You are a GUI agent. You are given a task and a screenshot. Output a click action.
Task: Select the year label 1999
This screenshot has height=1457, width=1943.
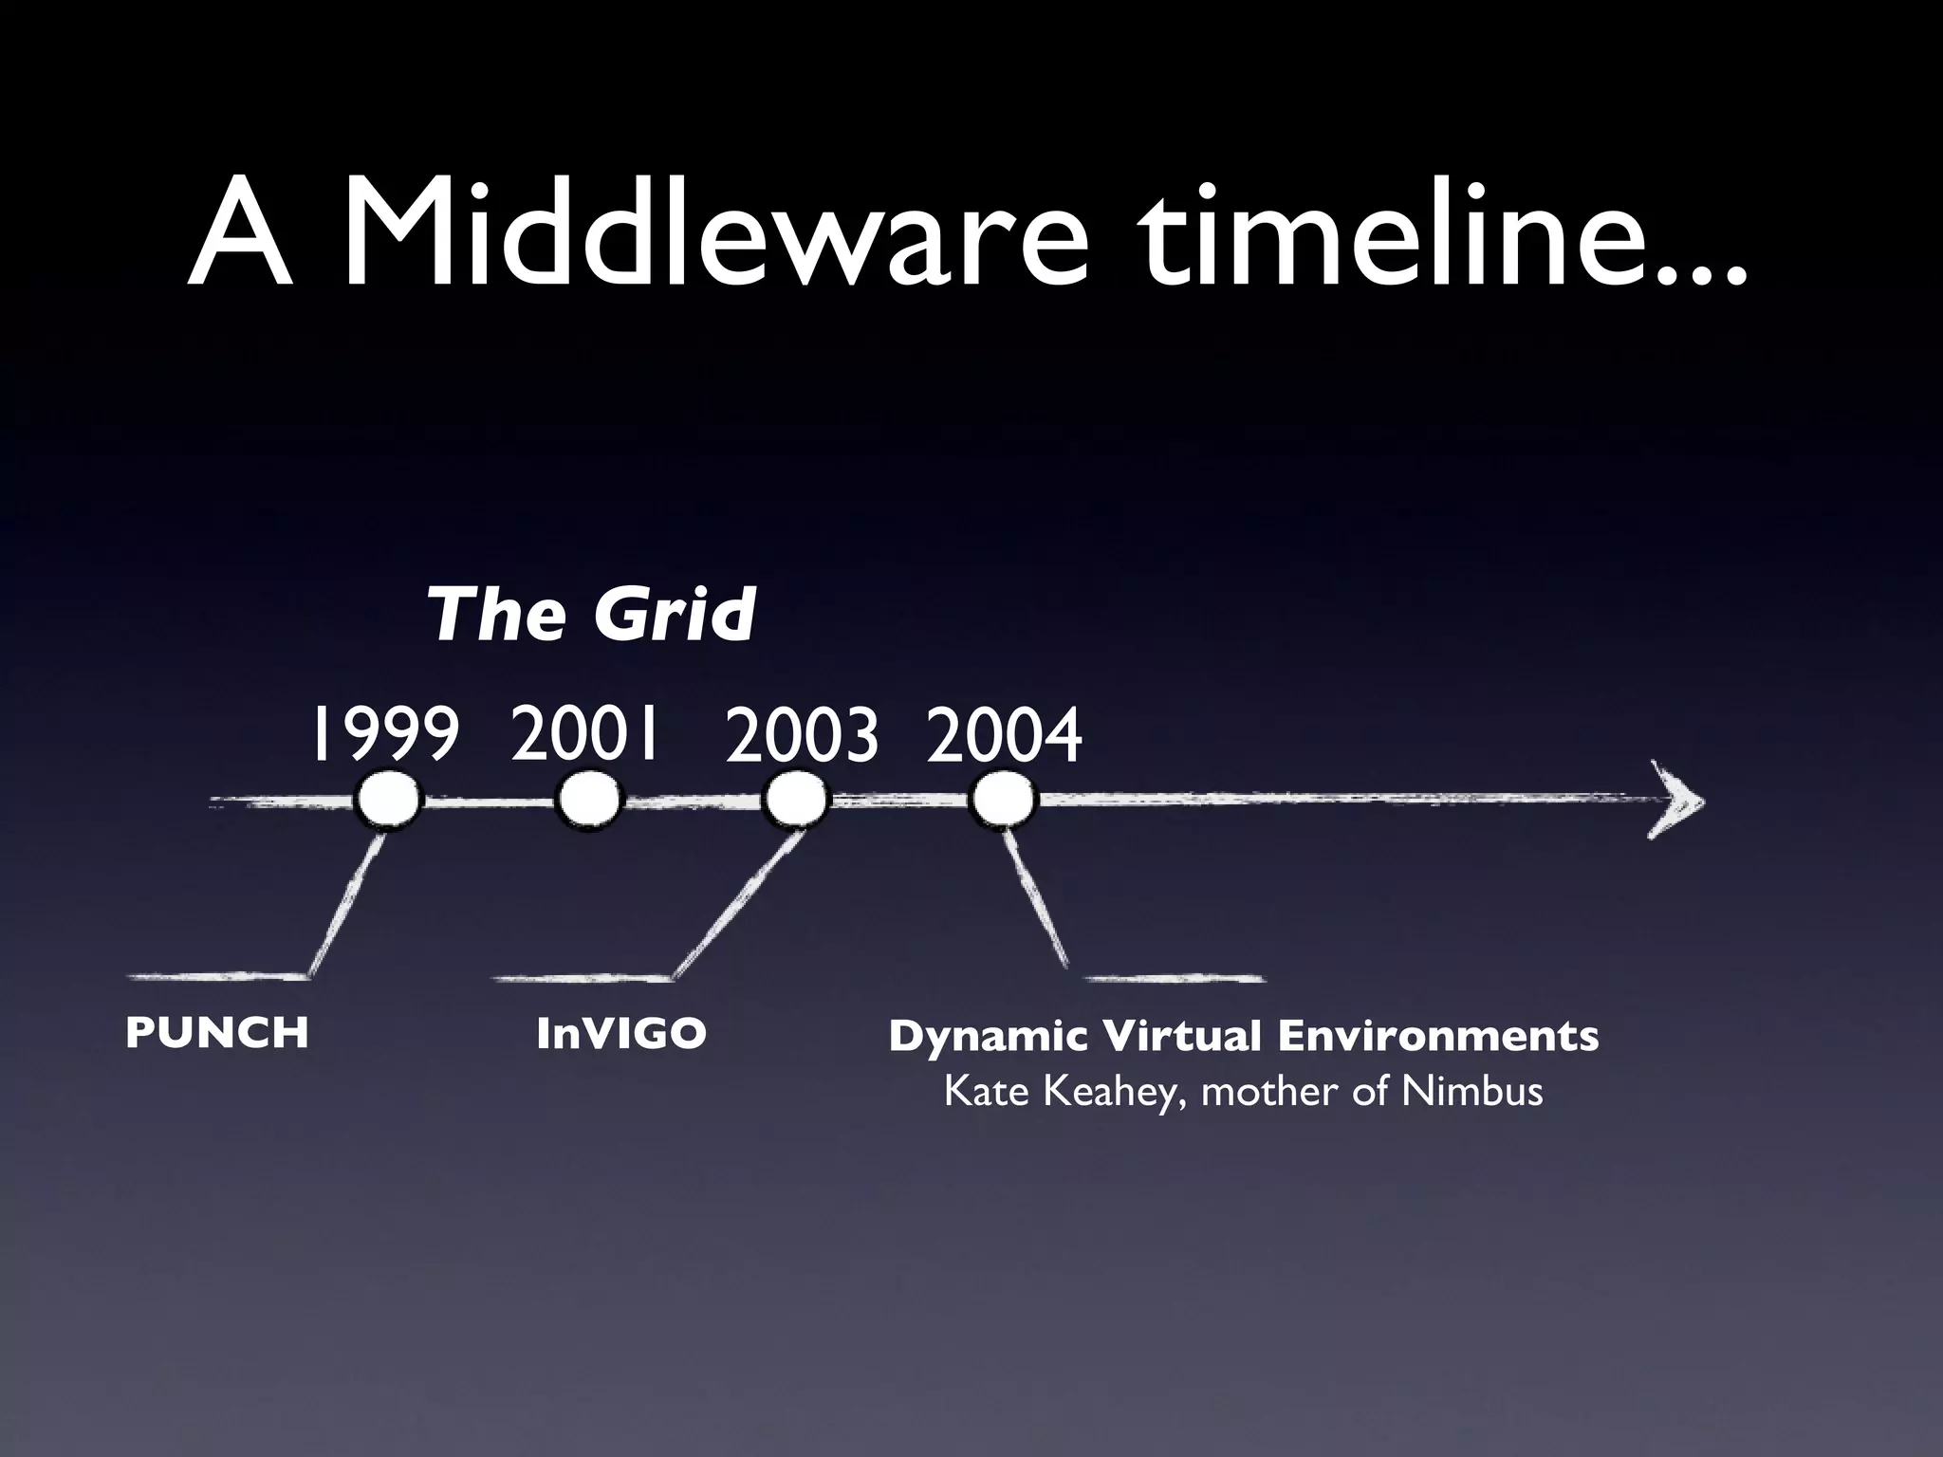click(x=384, y=735)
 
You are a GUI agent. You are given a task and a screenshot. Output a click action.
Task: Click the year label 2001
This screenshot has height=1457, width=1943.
click(x=584, y=733)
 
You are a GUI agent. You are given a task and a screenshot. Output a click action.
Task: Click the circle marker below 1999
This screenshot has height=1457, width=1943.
click(x=387, y=802)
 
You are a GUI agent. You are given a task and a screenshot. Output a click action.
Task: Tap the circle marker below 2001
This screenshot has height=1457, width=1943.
click(x=588, y=801)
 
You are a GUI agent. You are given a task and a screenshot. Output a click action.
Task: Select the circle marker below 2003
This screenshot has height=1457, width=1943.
click(x=796, y=802)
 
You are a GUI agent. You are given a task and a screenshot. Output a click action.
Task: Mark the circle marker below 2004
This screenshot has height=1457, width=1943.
click(x=1003, y=802)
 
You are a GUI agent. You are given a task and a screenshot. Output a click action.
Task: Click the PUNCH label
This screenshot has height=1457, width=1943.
click(x=217, y=1033)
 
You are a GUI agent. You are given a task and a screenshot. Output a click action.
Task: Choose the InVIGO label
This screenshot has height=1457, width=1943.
click(x=621, y=1034)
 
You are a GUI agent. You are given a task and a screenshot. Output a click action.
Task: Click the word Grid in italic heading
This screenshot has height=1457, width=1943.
click(x=675, y=615)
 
